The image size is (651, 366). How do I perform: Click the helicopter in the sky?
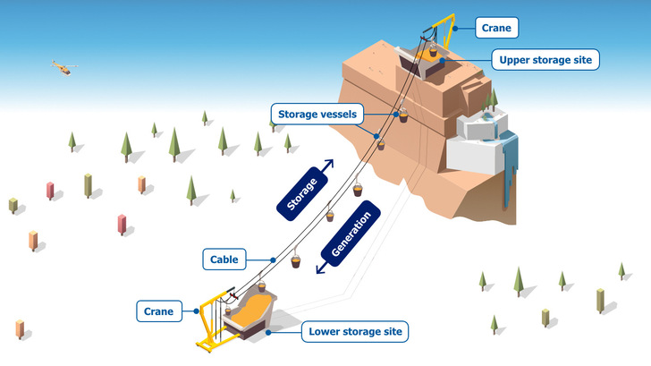click(62, 67)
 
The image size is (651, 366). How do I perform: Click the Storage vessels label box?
click(317, 114)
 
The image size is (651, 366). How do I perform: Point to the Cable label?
click(224, 259)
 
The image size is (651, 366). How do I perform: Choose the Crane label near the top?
click(495, 28)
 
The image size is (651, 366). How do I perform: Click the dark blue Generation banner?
click(351, 235)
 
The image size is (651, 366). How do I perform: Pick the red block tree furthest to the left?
click(50, 190)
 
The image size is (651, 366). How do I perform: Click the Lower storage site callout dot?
click(267, 332)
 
